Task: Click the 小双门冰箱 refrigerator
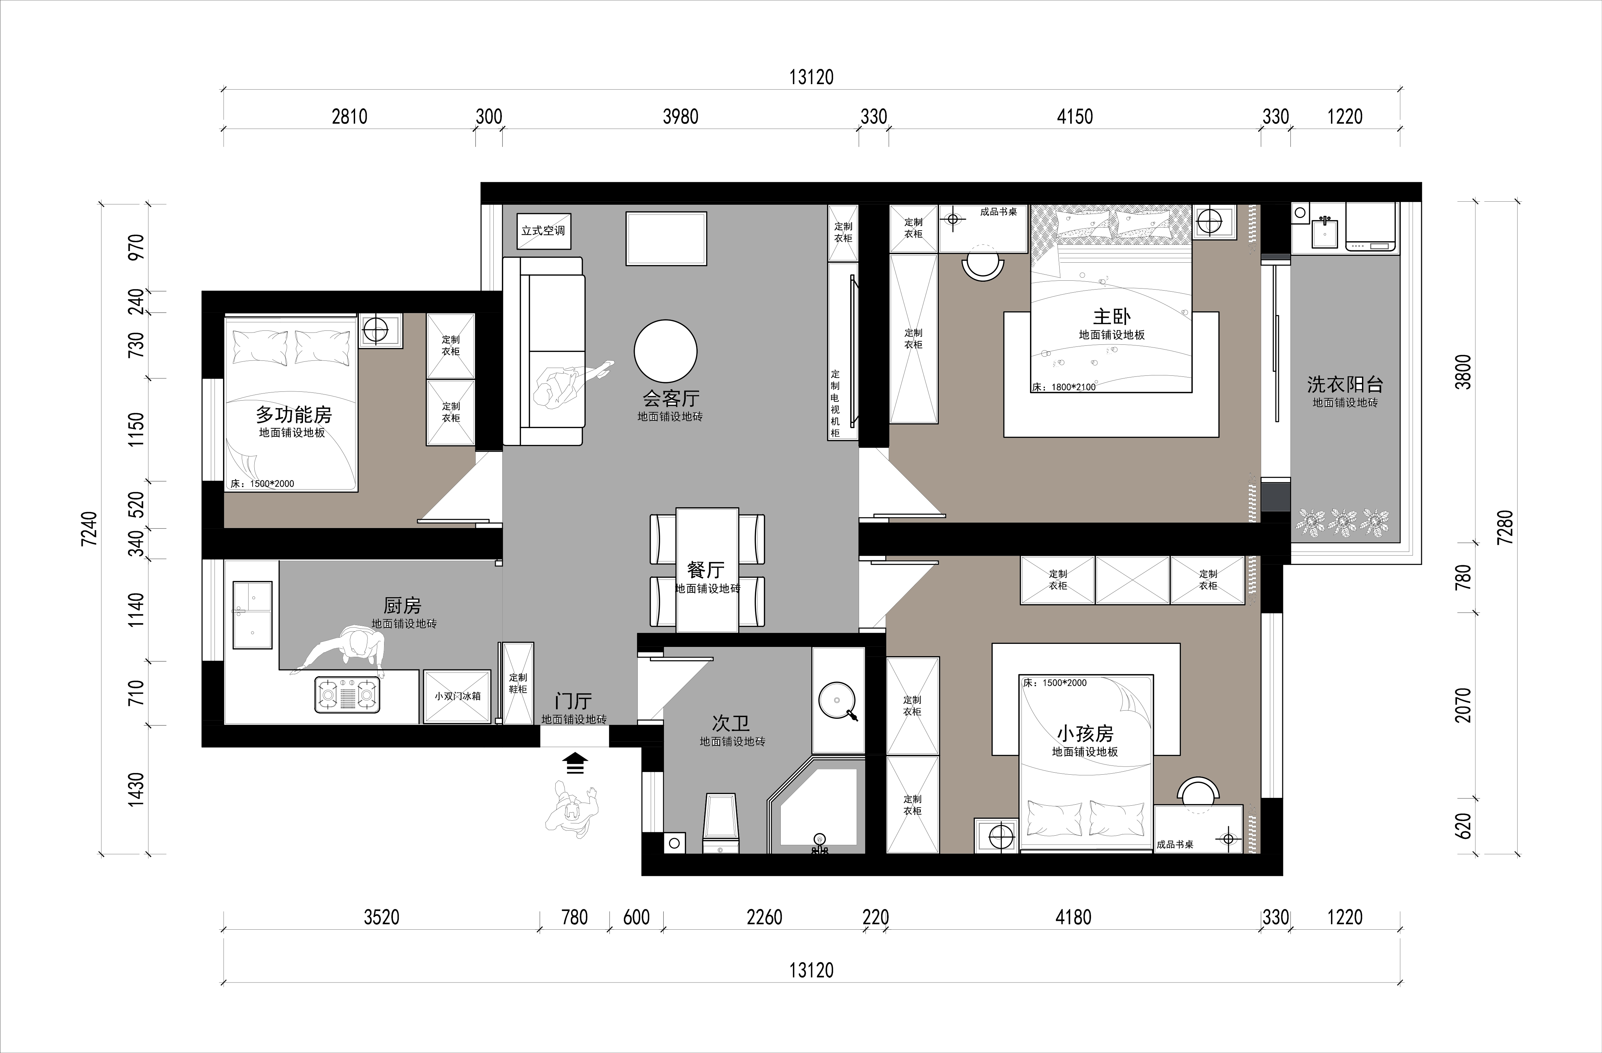(457, 696)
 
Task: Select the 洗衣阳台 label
(1345, 384)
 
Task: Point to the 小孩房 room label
(1085, 733)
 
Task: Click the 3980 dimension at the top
(681, 117)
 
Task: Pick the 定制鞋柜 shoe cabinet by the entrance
(518, 683)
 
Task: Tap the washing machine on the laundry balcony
(1370, 227)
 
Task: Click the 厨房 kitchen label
(402, 605)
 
